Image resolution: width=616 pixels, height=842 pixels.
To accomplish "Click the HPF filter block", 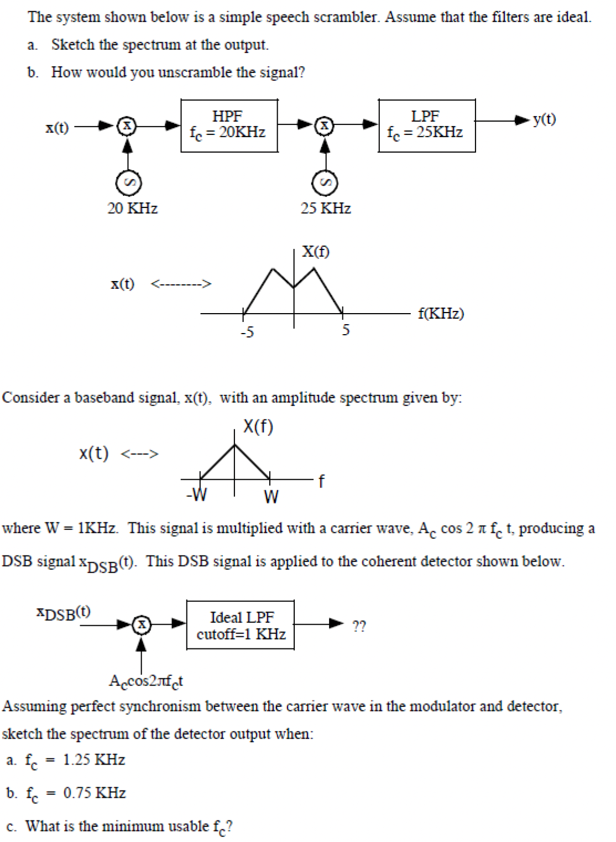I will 229,126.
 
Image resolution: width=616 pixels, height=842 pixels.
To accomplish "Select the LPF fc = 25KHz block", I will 426,125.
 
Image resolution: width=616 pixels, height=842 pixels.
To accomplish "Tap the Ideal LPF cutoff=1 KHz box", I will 241,625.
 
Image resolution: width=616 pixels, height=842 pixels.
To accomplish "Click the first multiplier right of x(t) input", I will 127,126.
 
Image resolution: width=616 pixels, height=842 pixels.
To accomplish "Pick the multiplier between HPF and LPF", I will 325,126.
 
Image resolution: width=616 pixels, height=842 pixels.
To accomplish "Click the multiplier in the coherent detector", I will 142,625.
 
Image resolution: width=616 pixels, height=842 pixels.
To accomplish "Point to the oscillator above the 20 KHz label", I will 128,183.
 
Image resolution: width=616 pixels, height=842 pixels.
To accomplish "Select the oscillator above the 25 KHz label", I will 325,183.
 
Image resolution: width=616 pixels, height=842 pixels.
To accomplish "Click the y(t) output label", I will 544,119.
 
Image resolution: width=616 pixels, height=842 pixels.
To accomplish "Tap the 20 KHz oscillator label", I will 132,209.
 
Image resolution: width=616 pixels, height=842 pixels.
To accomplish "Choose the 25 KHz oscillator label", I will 326,209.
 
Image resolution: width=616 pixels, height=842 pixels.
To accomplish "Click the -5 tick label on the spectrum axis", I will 247,332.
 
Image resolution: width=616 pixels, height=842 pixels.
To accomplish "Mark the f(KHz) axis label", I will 441,314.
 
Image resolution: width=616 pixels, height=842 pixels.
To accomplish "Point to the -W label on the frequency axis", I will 197,495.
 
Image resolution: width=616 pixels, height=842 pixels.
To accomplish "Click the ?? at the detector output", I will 359,626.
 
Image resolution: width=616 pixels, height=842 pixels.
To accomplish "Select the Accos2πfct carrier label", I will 146,681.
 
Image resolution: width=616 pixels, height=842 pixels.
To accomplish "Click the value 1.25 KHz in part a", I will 94,760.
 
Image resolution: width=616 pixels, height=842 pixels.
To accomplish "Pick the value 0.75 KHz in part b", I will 95,793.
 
